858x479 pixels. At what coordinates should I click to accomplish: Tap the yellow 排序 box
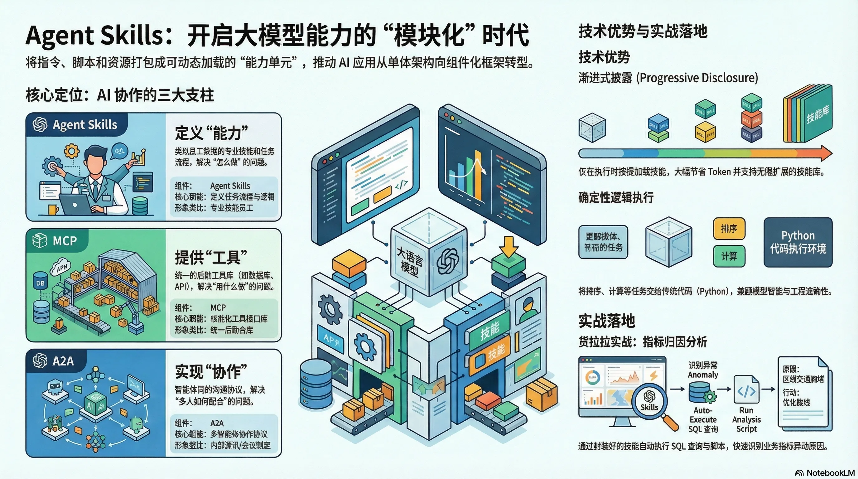pyautogui.click(x=729, y=229)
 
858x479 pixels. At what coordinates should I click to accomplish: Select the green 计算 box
pyautogui.click(x=729, y=256)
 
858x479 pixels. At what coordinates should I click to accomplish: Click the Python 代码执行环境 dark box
pyautogui.click(x=798, y=242)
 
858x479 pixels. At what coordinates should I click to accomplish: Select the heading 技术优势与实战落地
pyautogui.click(x=643, y=31)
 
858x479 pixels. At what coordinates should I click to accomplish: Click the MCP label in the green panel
pyautogui.click(x=65, y=240)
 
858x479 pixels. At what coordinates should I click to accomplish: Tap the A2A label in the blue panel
pyautogui.click(x=63, y=361)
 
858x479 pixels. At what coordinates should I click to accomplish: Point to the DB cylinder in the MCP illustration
pyautogui.click(x=40, y=283)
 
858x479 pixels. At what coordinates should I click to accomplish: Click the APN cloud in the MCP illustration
pyautogui.click(x=62, y=267)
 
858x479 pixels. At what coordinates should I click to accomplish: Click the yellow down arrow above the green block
pyautogui.click(x=508, y=246)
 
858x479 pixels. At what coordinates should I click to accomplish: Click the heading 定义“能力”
pyautogui.click(x=211, y=133)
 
